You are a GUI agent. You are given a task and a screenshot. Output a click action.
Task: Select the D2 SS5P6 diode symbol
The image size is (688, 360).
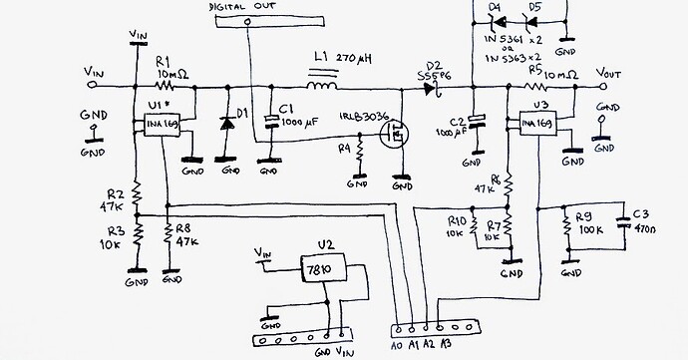[x=430, y=89]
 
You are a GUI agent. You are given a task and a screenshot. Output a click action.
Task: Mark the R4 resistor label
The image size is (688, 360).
[x=344, y=149]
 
